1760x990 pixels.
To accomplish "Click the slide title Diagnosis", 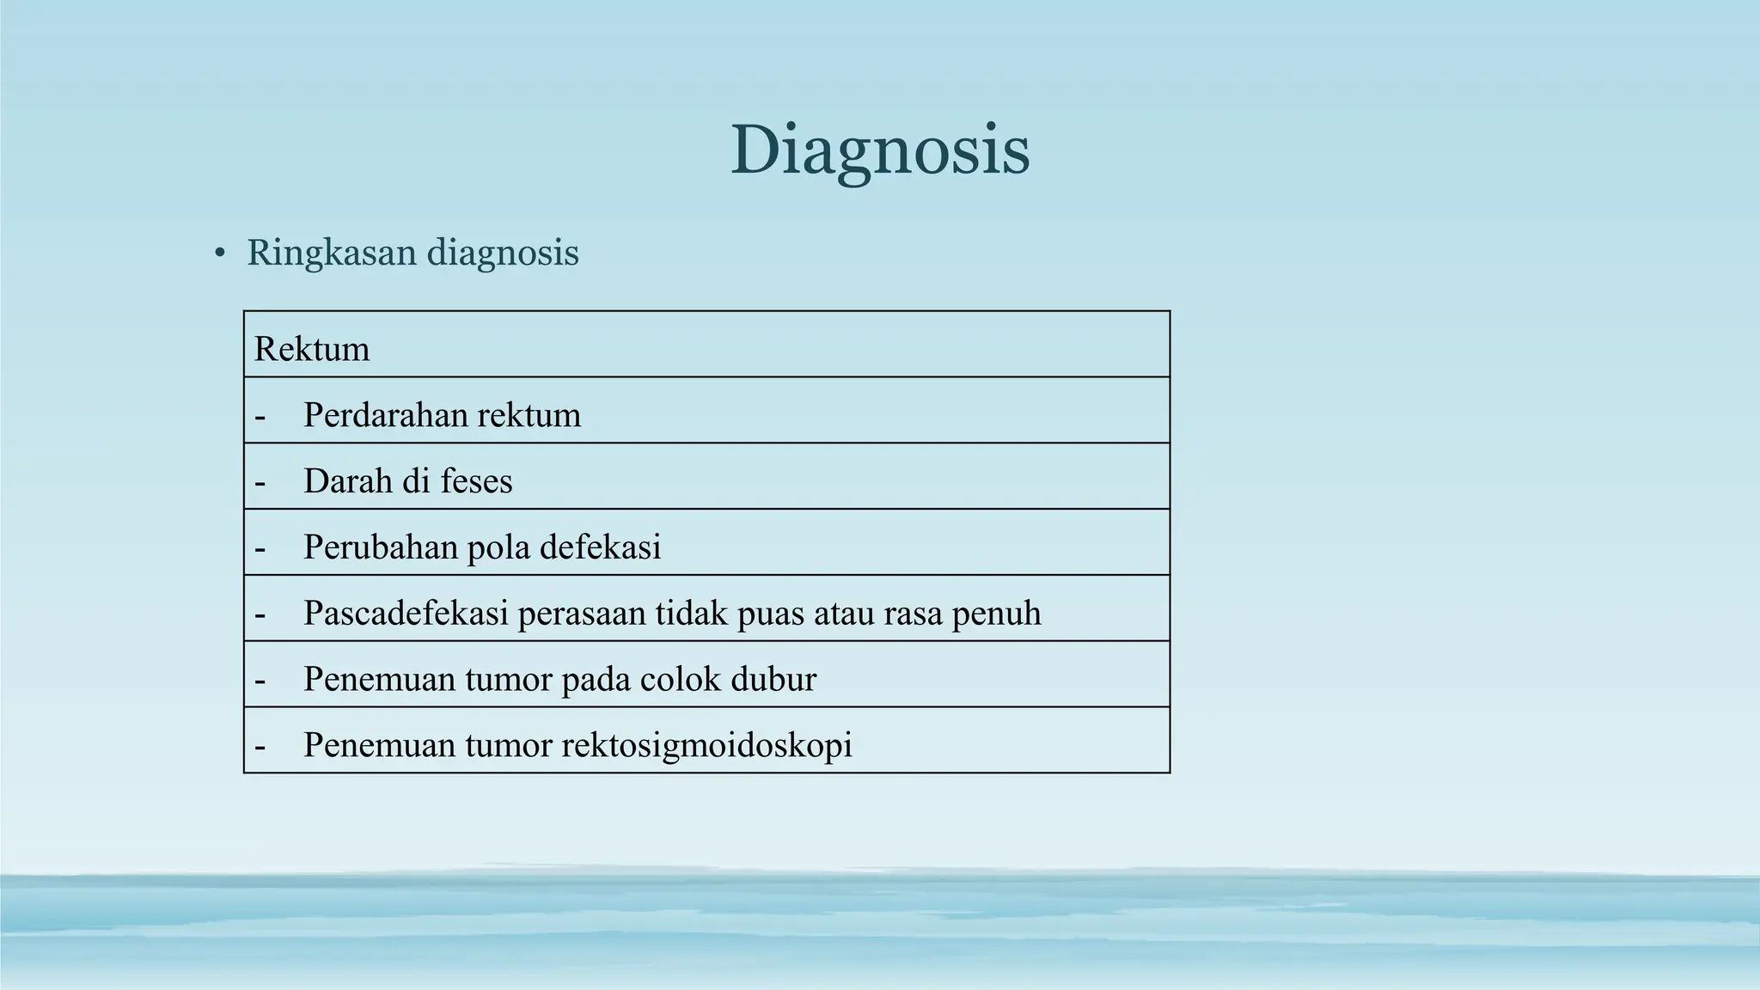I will (880, 150).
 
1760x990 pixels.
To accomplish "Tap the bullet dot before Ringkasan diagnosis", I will (220, 254).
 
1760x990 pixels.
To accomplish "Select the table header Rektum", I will (312, 349).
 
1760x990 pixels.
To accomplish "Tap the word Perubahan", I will (380, 547).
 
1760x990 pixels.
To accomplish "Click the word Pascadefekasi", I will (406, 614).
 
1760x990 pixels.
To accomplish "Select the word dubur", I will (773, 680).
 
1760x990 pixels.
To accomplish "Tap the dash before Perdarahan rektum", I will (260, 417).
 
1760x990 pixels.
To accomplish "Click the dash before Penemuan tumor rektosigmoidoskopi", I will (260, 747).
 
